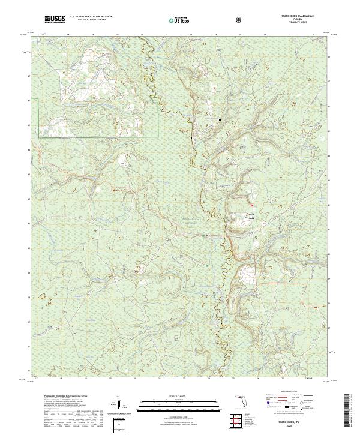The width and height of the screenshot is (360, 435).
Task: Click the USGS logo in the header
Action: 55,19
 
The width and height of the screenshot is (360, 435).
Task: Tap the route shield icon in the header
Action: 239,20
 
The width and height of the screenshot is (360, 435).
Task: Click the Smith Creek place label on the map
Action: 252,216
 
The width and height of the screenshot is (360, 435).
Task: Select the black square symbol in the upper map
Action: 220,120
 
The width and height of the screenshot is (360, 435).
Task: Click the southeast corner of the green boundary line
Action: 158,137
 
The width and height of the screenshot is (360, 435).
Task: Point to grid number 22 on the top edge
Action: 166,35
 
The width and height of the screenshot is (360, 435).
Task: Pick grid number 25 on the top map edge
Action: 240,35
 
